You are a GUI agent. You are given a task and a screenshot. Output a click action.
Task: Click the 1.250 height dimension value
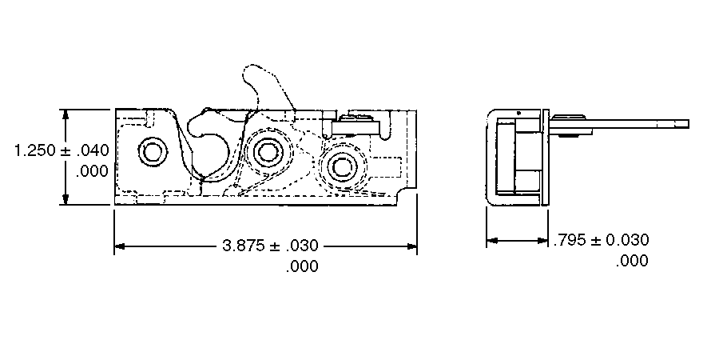point(35,150)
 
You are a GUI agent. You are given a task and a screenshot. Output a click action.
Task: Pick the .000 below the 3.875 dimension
point(301,267)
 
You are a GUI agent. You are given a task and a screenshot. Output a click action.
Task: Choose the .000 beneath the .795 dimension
point(632,261)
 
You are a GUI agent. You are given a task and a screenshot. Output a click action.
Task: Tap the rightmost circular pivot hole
point(344,166)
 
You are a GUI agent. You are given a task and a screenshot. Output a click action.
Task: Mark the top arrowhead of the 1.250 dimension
point(66,114)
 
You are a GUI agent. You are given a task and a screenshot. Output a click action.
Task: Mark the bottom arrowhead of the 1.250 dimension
point(66,201)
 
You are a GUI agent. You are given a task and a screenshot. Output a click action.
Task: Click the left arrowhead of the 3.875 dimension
point(120,246)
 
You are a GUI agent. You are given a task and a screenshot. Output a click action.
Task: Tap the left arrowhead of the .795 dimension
point(492,240)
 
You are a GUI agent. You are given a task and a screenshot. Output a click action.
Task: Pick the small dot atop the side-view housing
point(518,114)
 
